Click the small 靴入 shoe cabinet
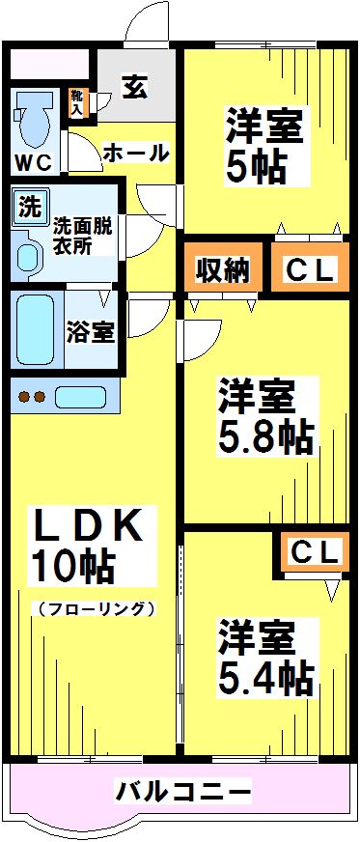pos(77,102)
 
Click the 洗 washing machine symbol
pos(30,207)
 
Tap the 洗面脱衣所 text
pos(83,237)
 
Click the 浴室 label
pos(91,331)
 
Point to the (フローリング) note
pos(94,608)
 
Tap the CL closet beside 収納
pos(308,271)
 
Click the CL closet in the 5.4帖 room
pos(314,552)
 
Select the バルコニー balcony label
pos(183,792)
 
